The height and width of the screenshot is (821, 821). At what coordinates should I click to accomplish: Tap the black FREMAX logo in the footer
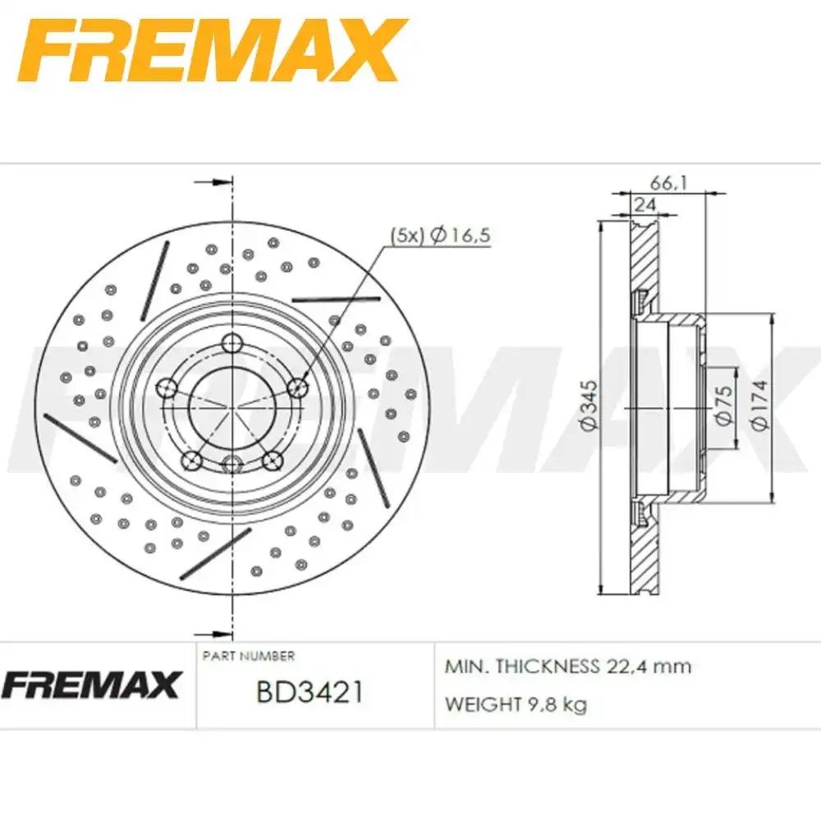(x=93, y=685)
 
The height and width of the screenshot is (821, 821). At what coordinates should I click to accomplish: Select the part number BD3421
(x=310, y=692)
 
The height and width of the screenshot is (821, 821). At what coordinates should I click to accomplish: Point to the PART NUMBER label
(x=248, y=656)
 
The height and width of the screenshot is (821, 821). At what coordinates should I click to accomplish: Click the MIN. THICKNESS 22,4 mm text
(x=567, y=666)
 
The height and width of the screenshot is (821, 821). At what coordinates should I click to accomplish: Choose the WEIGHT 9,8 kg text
(x=516, y=704)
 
